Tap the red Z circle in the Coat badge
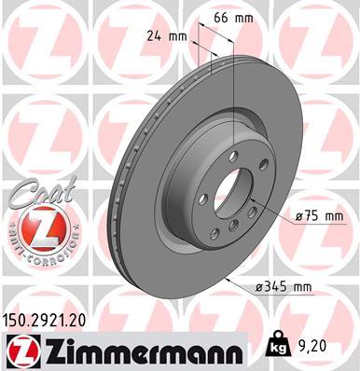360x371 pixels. click(x=34, y=227)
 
